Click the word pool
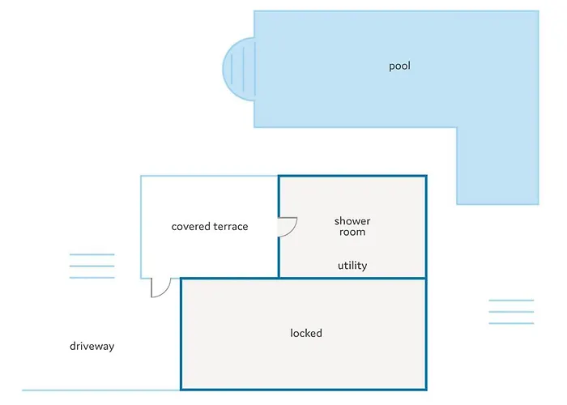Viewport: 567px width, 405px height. (x=399, y=66)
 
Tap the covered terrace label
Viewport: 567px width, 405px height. (x=210, y=227)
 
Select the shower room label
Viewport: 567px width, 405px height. (x=352, y=227)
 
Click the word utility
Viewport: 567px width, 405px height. (x=352, y=266)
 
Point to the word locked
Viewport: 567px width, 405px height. (x=306, y=333)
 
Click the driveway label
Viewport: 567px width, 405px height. (x=92, y=347)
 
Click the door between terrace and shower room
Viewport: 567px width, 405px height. (x=286, y=226)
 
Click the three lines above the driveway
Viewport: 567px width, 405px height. (x=92, y=266)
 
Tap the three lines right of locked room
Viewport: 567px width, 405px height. (x=511, y=312)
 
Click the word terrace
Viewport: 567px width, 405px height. (x=230, y=227)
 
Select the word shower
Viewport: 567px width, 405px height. (x=352, y=221)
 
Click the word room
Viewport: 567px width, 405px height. (x=352, y=232)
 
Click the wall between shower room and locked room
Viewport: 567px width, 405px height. (x=352, y=279)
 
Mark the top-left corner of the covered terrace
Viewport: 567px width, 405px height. (x=142, y=177)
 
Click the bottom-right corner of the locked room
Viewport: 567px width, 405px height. (x=425, y=389)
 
